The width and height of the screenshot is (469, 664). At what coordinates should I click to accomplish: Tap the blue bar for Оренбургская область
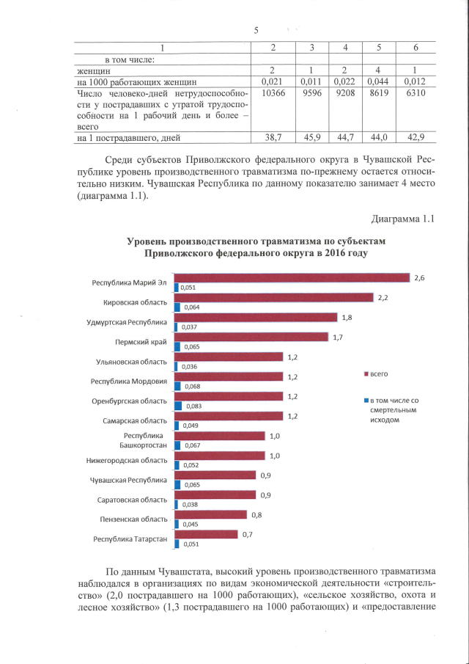click(179, 405)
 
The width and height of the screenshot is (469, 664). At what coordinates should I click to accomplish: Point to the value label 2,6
click(419, 277)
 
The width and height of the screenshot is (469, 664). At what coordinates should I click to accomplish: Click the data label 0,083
click(195, 406)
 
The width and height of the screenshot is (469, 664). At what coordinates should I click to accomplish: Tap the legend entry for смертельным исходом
click(392, 410)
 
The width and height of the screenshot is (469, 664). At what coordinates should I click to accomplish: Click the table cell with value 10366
click(271, 95)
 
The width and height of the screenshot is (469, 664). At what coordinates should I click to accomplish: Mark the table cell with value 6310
click(415, 95)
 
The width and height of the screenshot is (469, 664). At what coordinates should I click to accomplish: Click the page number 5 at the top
click(256, 30)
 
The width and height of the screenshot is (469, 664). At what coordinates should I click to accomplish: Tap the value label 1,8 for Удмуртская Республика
click(347, 317)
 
